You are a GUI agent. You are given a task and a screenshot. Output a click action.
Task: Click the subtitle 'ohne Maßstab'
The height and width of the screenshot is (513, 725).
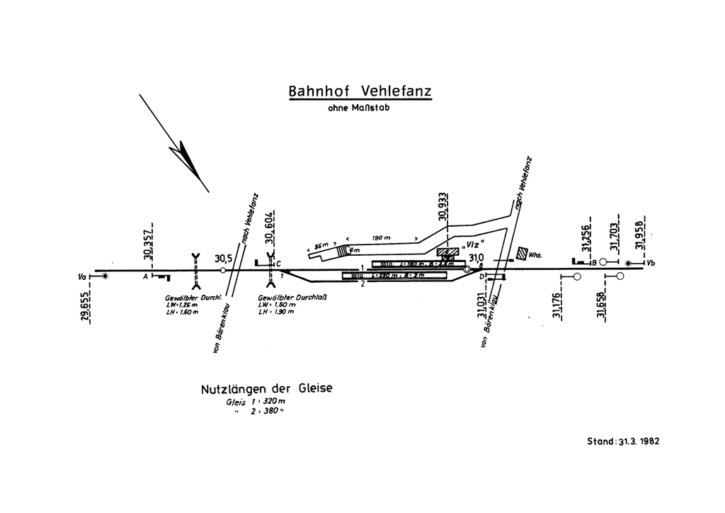[x=358, y=109]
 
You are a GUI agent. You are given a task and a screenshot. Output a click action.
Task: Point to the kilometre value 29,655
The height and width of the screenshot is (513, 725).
[x=85, y=305]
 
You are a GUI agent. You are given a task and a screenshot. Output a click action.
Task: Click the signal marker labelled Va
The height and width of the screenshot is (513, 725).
[x=104, y=276]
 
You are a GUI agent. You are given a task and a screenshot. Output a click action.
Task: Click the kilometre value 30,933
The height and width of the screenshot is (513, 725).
[x=444, y=207]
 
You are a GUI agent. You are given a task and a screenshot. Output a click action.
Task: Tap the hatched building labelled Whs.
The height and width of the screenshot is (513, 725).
[x=523, y=253]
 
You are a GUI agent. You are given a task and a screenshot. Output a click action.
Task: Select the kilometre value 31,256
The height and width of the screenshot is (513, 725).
[x=586, y=237]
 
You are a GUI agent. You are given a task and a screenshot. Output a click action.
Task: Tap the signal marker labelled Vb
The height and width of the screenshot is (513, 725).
[x=628, y=264]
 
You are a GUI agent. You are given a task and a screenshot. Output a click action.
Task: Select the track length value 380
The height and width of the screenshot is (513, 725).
[x=266, y=411]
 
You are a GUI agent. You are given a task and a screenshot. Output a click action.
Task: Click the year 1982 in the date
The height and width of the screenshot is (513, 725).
[x=646, y=440]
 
